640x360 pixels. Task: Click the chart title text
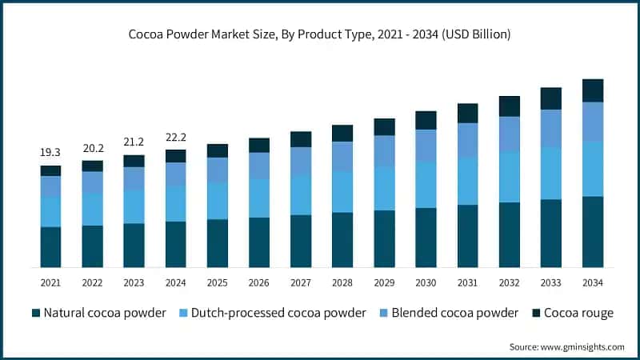tap(320, 34)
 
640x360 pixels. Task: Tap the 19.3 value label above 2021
tap(50, 152)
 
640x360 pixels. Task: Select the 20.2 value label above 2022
tap(92, 147)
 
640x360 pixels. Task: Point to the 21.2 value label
tap(134, 142)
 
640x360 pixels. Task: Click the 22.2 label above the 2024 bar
tap(175, 136)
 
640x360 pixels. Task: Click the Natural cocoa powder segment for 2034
tap(592, 231)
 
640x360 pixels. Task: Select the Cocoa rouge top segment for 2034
tap(592, 90)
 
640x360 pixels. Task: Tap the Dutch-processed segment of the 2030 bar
tap(426, 185)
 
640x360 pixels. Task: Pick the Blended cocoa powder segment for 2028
tap(342, 156)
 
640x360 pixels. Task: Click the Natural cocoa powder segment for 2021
tap(50, 246)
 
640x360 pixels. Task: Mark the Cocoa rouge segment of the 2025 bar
tap(218, 150)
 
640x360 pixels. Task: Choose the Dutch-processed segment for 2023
tap(134, 206)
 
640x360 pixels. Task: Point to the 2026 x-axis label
tap(259, 282)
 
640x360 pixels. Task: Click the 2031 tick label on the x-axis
tap(467, 282)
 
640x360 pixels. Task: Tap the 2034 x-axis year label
tap(592, 282)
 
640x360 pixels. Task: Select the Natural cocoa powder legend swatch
tap(36, 313)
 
